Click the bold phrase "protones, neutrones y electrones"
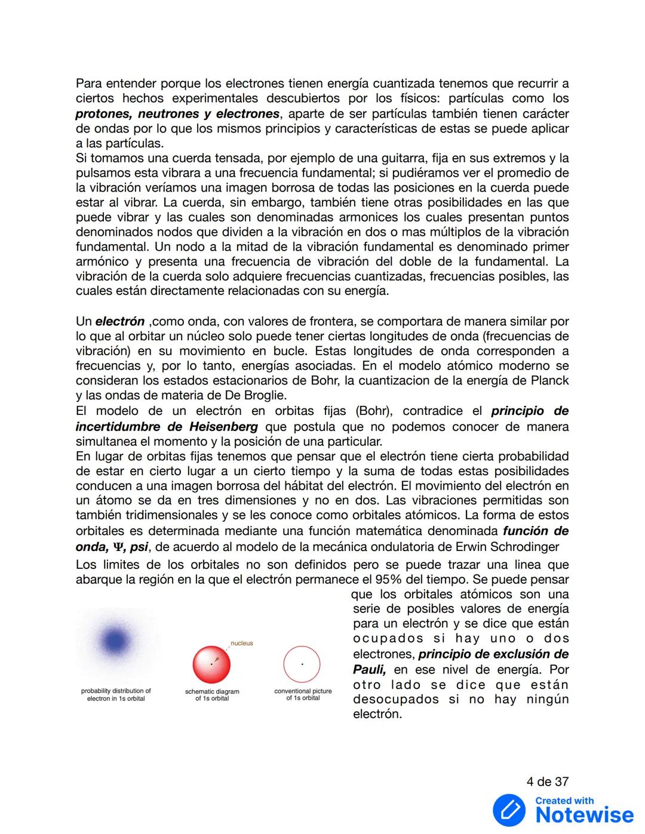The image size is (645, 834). [177, 113]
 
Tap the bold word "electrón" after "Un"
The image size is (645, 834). [120, 321]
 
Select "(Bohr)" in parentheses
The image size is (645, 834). [373, 411]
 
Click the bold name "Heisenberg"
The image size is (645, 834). [224, 426]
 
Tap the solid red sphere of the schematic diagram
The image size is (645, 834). [211, 664]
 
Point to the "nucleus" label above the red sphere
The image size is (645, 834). [242, 643]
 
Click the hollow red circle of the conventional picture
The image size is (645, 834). [302, 663]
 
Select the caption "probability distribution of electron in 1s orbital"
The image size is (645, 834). [116, 694]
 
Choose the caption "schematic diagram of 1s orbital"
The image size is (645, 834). [212, 695]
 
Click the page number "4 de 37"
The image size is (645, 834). [547, 781]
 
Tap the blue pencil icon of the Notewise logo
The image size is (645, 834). [509, 810]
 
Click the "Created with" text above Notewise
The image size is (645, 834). [564, 801]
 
